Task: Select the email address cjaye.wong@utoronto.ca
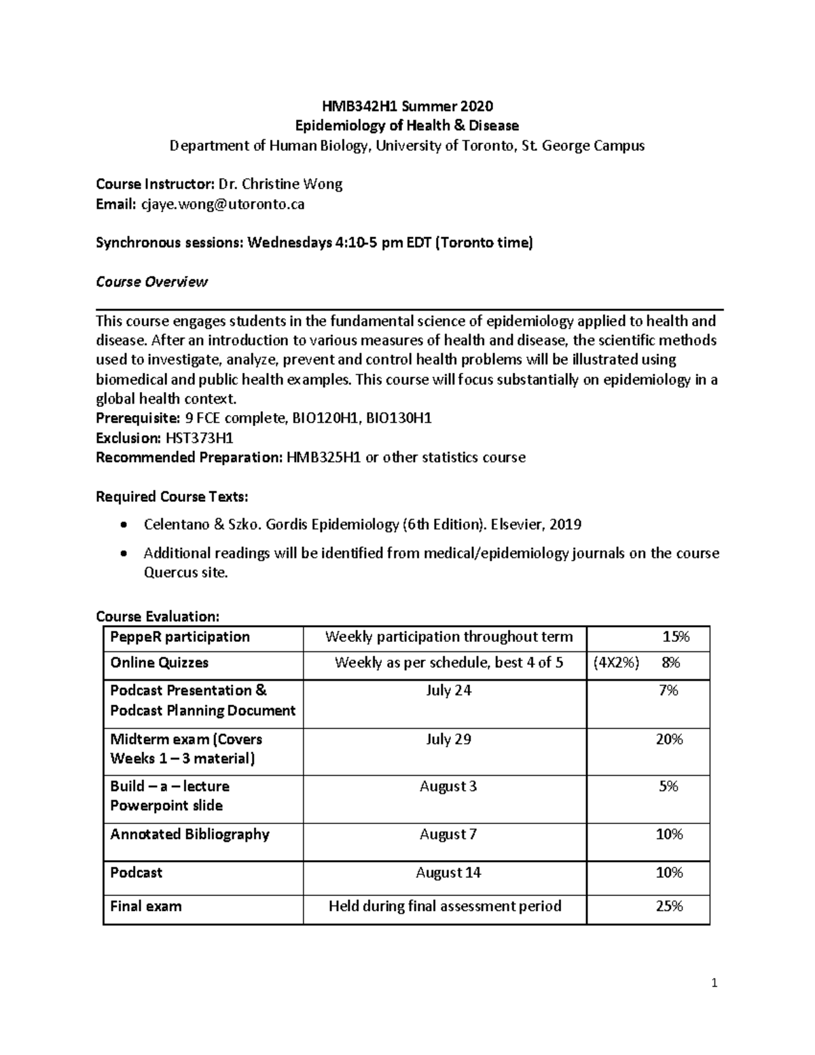tap(222, 204)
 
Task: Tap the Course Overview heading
tap(151, 282)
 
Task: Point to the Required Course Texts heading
tap(172, 497)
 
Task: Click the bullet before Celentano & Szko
tap(122, 525)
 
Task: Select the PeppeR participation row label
tap(180, 637)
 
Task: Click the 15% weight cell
tap(675, 637)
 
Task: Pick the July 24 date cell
tap(448, 691)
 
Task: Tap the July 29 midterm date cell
tap(448, 739)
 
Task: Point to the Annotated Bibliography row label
tap(189, 834)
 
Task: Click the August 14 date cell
tap(448, 872)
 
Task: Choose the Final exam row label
tap(145, 906)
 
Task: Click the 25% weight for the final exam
tap(668, 906)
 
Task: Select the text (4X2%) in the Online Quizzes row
tap(616, 663)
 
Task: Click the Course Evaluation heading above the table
tap(158, 616)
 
